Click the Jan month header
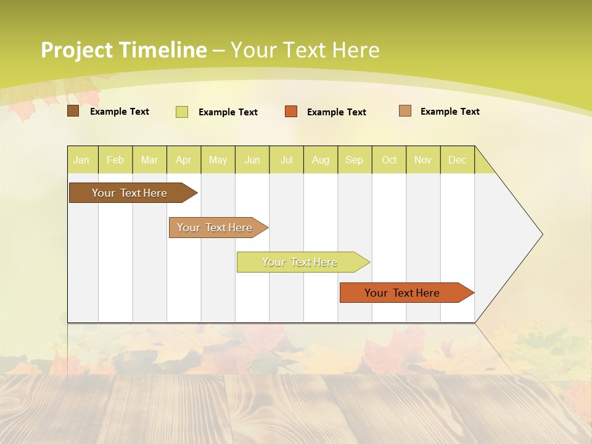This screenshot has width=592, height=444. (x=81, y=160)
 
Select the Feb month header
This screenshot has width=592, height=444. (x=115, y=160)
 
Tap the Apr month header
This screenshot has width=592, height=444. (x=183, y=160)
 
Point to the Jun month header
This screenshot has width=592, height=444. (x=252, y=160)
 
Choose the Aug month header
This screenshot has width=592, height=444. (x=321, y=160)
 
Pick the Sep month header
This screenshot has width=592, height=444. (x=354, y=160)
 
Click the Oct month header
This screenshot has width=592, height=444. (x=389, y=160)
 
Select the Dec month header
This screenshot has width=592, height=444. (x=458, y=160)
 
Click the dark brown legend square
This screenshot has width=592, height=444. (x=73, y=111)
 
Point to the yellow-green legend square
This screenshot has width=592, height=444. (x=181, y=112)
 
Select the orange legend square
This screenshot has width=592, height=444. (x=291, y=112)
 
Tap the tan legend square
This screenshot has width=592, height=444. (x=405, y=111)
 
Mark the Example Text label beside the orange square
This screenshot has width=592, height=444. (x=337, y=112)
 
